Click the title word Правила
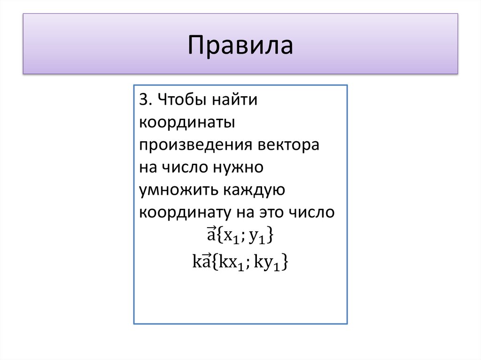240,46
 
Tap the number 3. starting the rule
144,100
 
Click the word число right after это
312,212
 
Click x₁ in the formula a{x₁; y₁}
231,237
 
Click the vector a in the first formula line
210,234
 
